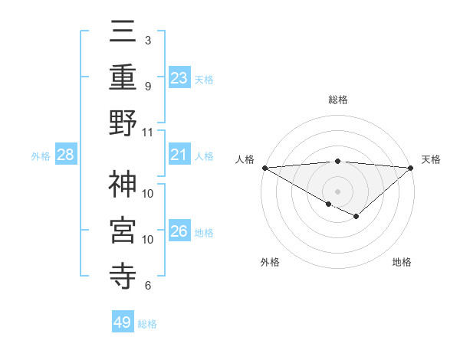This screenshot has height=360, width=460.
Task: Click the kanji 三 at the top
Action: coord(123,32)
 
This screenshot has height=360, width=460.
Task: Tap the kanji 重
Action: coord(123,77)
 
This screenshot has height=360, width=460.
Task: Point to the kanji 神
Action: coord(123,184)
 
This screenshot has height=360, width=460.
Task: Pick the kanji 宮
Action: coord(123,230)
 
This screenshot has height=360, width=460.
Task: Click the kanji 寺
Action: coord(123,276)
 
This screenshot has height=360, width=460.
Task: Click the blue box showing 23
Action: coord(179,77)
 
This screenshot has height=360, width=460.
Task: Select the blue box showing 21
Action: coord(179,155)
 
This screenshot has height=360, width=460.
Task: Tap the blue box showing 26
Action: coord(179,231)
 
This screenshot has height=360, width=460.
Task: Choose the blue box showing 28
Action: coord(65,155)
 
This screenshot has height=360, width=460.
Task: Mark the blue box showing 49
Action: coord(123,322)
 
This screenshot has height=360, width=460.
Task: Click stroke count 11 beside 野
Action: coord(149,132)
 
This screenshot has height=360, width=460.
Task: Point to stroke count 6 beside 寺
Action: coord(147,286)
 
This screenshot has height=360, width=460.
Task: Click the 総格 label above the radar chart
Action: coord(337,100)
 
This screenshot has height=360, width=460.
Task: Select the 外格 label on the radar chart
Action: coord(270,262)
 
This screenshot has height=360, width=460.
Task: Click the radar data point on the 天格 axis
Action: coord(411,168)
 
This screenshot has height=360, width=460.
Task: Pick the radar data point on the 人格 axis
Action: coord(264,167)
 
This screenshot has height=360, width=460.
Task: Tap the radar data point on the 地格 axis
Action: coord(356,217)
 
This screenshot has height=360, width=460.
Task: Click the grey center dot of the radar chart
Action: coord(337,190)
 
